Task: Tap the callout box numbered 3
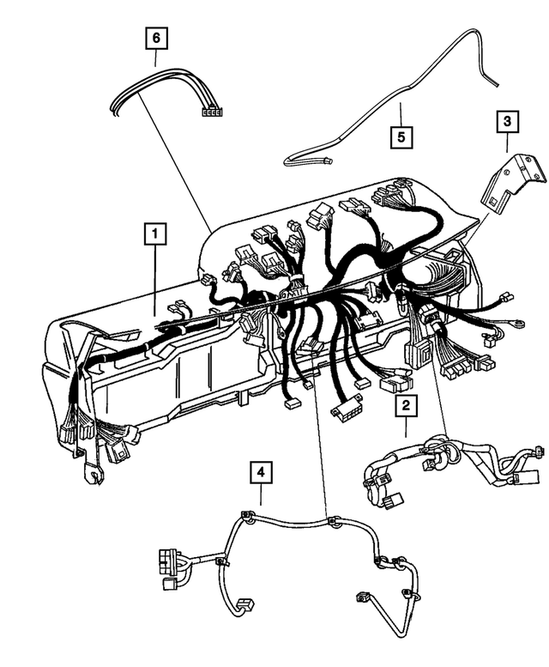tap(507, 123)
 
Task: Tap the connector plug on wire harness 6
tap(210, 111)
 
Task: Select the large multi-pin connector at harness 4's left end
tap(169, 566)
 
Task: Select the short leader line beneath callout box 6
tap(155, 58)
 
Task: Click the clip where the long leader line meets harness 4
tap(332, 520)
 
